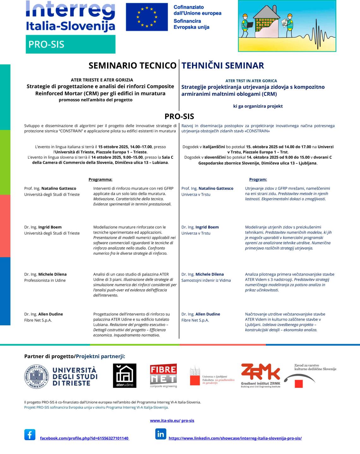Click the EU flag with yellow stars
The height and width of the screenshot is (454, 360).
click(147, 17)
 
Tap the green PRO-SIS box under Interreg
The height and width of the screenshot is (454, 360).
click(70, 44)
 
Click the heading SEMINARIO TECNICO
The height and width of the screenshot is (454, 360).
click(132, 66)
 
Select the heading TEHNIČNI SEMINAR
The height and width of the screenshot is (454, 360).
click(223, 66)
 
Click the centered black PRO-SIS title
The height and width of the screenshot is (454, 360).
click(179, 116)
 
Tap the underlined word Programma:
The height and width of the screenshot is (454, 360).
click(100, 180)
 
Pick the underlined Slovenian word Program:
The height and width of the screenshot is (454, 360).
click(258, 180)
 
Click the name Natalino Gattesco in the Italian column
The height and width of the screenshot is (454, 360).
click(59, 188)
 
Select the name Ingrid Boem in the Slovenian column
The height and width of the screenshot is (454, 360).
click(207, 227)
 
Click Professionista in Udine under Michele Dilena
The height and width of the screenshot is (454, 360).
click(45, 280)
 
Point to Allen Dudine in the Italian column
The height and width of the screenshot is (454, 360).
click(51, 314)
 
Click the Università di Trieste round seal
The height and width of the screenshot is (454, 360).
click(37, 376)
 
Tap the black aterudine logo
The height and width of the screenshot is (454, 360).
click(125, 375)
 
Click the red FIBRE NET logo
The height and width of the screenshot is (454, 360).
click(163, 375)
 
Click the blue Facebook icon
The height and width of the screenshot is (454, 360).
click(30, 434)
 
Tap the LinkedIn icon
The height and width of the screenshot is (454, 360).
click(160, 434)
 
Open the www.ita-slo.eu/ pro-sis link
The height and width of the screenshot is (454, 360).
click(172, 421)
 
